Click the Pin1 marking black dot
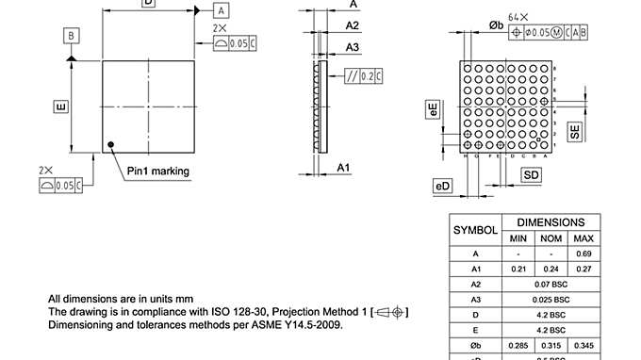112,144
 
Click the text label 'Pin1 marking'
158,172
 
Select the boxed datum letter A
220,10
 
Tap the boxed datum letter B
71,36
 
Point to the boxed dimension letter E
60,106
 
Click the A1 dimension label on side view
344,167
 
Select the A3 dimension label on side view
352,46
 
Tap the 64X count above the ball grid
544,17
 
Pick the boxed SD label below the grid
532,175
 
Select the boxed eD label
442,187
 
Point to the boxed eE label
433,109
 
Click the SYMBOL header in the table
476,230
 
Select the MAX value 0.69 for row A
583,254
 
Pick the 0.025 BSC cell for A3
551,299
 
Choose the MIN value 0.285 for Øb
518,345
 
